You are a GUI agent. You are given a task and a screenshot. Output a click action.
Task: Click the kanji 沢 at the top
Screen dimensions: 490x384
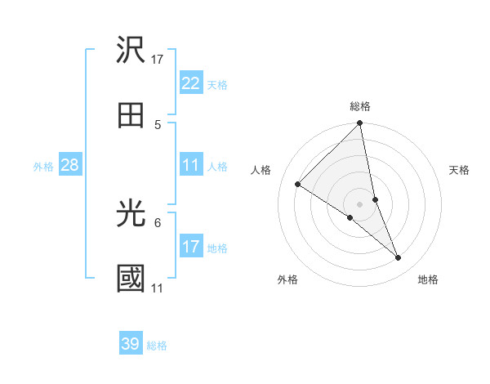(x=131, y=51)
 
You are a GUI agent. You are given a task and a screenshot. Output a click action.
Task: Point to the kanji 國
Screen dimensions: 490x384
(x=131, y=279)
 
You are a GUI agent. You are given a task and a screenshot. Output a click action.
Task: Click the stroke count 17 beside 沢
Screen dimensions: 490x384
(x=158, y=60)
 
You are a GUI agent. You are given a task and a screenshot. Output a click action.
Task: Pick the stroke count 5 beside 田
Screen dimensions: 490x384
(x=158, y=125)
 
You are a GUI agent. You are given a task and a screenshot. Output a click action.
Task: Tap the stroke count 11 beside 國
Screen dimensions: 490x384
(x=158, y=288)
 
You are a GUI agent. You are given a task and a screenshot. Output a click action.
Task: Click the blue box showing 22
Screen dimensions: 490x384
(x=191, y=83)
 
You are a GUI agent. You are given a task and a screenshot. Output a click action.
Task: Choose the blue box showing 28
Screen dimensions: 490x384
(x=70, y=165)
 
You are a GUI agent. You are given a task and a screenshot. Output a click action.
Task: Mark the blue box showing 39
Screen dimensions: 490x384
(x=131, y=344)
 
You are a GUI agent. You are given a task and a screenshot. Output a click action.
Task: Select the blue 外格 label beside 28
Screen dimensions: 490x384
(x=43, y=167)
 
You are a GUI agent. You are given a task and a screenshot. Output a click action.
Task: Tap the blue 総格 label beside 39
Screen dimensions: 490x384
(x=157, y=346)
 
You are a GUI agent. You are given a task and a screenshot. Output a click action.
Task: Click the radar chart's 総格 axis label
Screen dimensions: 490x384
(x=360, y=106)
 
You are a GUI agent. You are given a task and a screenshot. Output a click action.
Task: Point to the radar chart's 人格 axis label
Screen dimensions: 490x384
(x=261, y=170)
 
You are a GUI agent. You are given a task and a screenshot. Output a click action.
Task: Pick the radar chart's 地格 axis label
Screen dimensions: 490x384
(x=428, y=279)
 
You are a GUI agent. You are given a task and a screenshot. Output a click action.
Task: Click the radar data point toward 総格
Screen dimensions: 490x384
(x=360, y=124)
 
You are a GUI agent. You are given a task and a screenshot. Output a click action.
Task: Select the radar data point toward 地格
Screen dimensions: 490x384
(x=399, y=258)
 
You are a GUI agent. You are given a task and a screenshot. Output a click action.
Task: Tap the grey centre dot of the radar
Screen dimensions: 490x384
(x=360, y=203)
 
